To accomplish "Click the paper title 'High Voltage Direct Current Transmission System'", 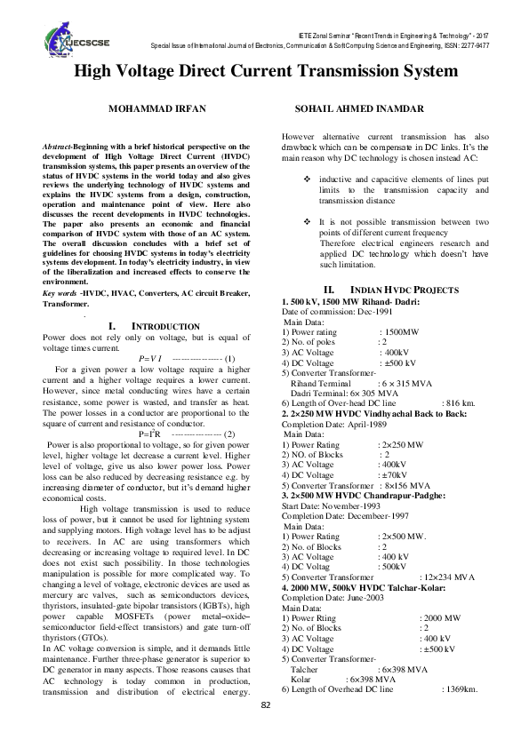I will (264, 72).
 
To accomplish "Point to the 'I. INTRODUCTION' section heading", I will (152, 327).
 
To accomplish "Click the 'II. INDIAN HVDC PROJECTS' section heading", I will (390, 290).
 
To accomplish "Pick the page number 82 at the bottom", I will (265, 729).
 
